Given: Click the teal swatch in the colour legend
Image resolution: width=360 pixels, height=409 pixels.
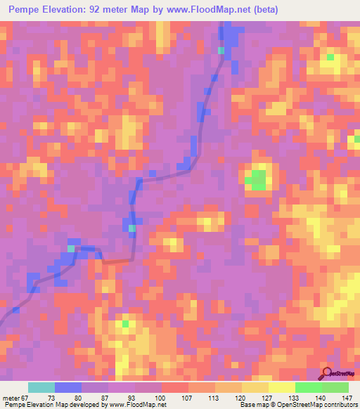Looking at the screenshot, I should point(41,387).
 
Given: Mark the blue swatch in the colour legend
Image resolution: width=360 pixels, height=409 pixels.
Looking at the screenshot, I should point(68,387).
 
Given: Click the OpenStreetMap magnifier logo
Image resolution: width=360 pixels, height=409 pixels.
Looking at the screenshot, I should point(326,374).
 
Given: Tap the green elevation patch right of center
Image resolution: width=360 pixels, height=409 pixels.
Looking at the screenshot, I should point(257,180).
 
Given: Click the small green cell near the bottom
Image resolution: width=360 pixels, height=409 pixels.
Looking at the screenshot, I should point(126,323).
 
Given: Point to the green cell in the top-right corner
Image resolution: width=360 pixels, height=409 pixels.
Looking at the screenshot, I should point(330,57).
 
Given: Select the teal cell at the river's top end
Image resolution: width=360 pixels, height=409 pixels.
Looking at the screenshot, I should point(222,51).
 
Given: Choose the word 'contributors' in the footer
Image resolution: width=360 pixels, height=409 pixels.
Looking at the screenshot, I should point(339,405).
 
